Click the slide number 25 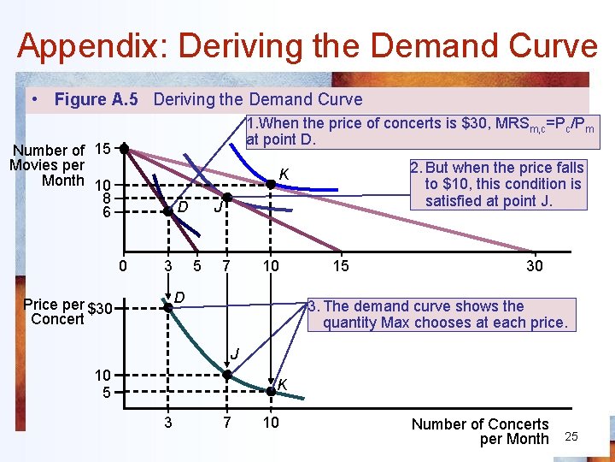tap(572, 437)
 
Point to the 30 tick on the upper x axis tap(535, 266)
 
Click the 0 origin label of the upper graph tap(123, 266)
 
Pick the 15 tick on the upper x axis tap(340, 266)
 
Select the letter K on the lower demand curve tap(281, 382)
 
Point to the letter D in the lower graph tap(180, 296)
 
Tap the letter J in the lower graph tap(233, 353)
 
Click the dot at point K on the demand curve tap(270, 389)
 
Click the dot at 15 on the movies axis tap(124, 149)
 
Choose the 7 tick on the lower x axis tap(227, 422)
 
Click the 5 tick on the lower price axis tap(104, 393)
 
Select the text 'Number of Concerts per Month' tap(480, 431)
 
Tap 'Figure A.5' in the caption tap(96, 100)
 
